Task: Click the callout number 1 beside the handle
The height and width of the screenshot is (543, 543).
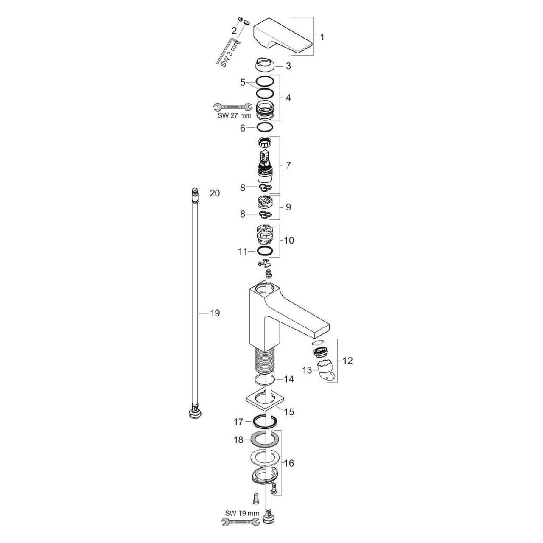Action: coord(322,37)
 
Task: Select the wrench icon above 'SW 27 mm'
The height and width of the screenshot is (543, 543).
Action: coord(232,107)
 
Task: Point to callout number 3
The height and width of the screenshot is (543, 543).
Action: coord(288,66)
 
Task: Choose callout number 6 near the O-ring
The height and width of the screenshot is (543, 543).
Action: coord(243,128)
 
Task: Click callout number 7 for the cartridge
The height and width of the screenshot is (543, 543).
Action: coord(288,165)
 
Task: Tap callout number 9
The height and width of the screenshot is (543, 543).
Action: coord(288,207)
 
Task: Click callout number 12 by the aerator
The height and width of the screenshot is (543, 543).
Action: coord(347,361)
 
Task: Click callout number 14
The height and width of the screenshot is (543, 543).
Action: coord(288,379)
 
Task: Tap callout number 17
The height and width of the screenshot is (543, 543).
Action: coord(238,422)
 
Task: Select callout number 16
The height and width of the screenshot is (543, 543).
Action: coord(288,463)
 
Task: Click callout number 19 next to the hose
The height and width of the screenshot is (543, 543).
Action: coord(215,313)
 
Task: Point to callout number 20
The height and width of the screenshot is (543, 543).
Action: coord(215,193)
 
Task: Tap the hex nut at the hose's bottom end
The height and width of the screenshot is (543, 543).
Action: coord(195,413)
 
